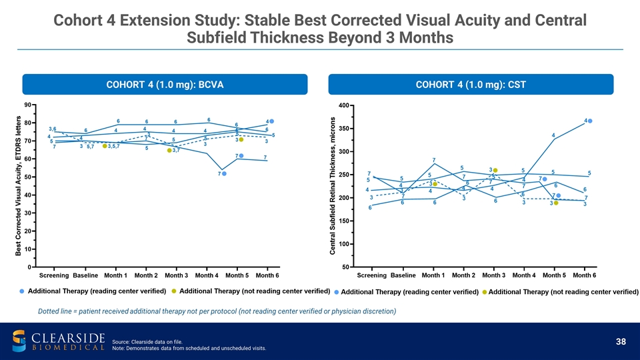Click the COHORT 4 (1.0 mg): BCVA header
[165, 85]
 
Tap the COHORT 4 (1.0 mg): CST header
[471, 85]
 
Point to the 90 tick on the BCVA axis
[27, 105]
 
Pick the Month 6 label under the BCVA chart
[267, 275]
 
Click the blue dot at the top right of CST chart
[590, 121]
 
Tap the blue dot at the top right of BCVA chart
[272, 121]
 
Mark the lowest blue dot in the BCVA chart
[224, 173]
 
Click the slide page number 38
[621, 341]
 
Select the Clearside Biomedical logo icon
[20, 340]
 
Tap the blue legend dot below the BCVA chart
[22, 291]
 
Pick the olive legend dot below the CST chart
[485, 292]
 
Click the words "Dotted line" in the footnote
[58, 311]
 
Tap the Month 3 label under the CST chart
[494, 275]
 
